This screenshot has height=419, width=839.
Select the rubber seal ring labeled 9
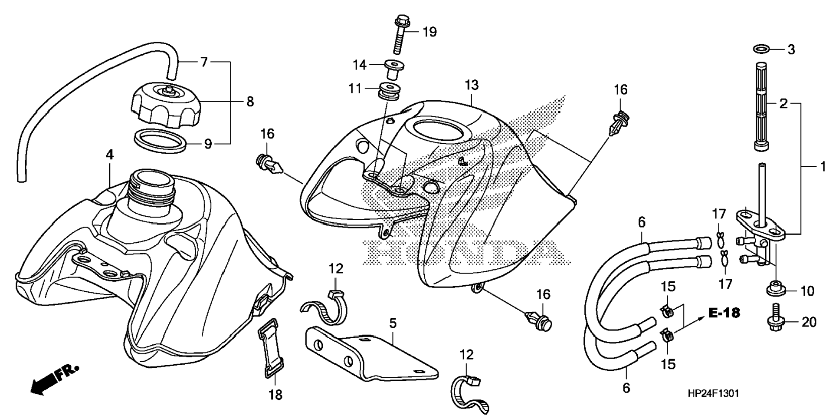pos(160,141)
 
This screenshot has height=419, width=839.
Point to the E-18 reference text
pos(724,313)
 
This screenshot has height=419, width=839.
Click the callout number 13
pos(472,85)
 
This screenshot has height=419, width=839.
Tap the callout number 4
pos(110,155)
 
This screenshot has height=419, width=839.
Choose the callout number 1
pos(823,167)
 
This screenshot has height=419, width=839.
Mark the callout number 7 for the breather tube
pos(204,62)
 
